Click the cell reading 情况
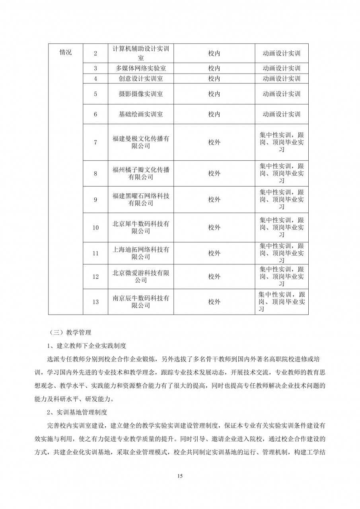click(x=66, y=53)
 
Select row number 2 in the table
click(x=95, y=53)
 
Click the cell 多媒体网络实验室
click(x=141, y=68)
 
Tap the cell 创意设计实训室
click(x=141, y=79)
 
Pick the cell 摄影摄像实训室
click(x=141, y=94)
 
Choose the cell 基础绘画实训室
click(x=141, y=114)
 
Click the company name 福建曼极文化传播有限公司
click(x=141, y=142)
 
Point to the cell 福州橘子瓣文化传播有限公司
click(x=141, y=173)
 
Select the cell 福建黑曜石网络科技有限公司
click(x=141, y=200)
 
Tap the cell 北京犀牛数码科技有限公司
click(x=141, y=227)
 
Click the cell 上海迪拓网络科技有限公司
click(x=141, y=253)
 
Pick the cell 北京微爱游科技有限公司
click(x=141, y=276)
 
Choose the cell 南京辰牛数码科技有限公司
click(x=141, y=302)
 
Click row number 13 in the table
click(x=95, y=302)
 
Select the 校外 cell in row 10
click(x=214, y=227)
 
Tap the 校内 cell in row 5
click(x=214, y=94)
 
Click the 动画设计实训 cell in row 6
click(x=281, y=114)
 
